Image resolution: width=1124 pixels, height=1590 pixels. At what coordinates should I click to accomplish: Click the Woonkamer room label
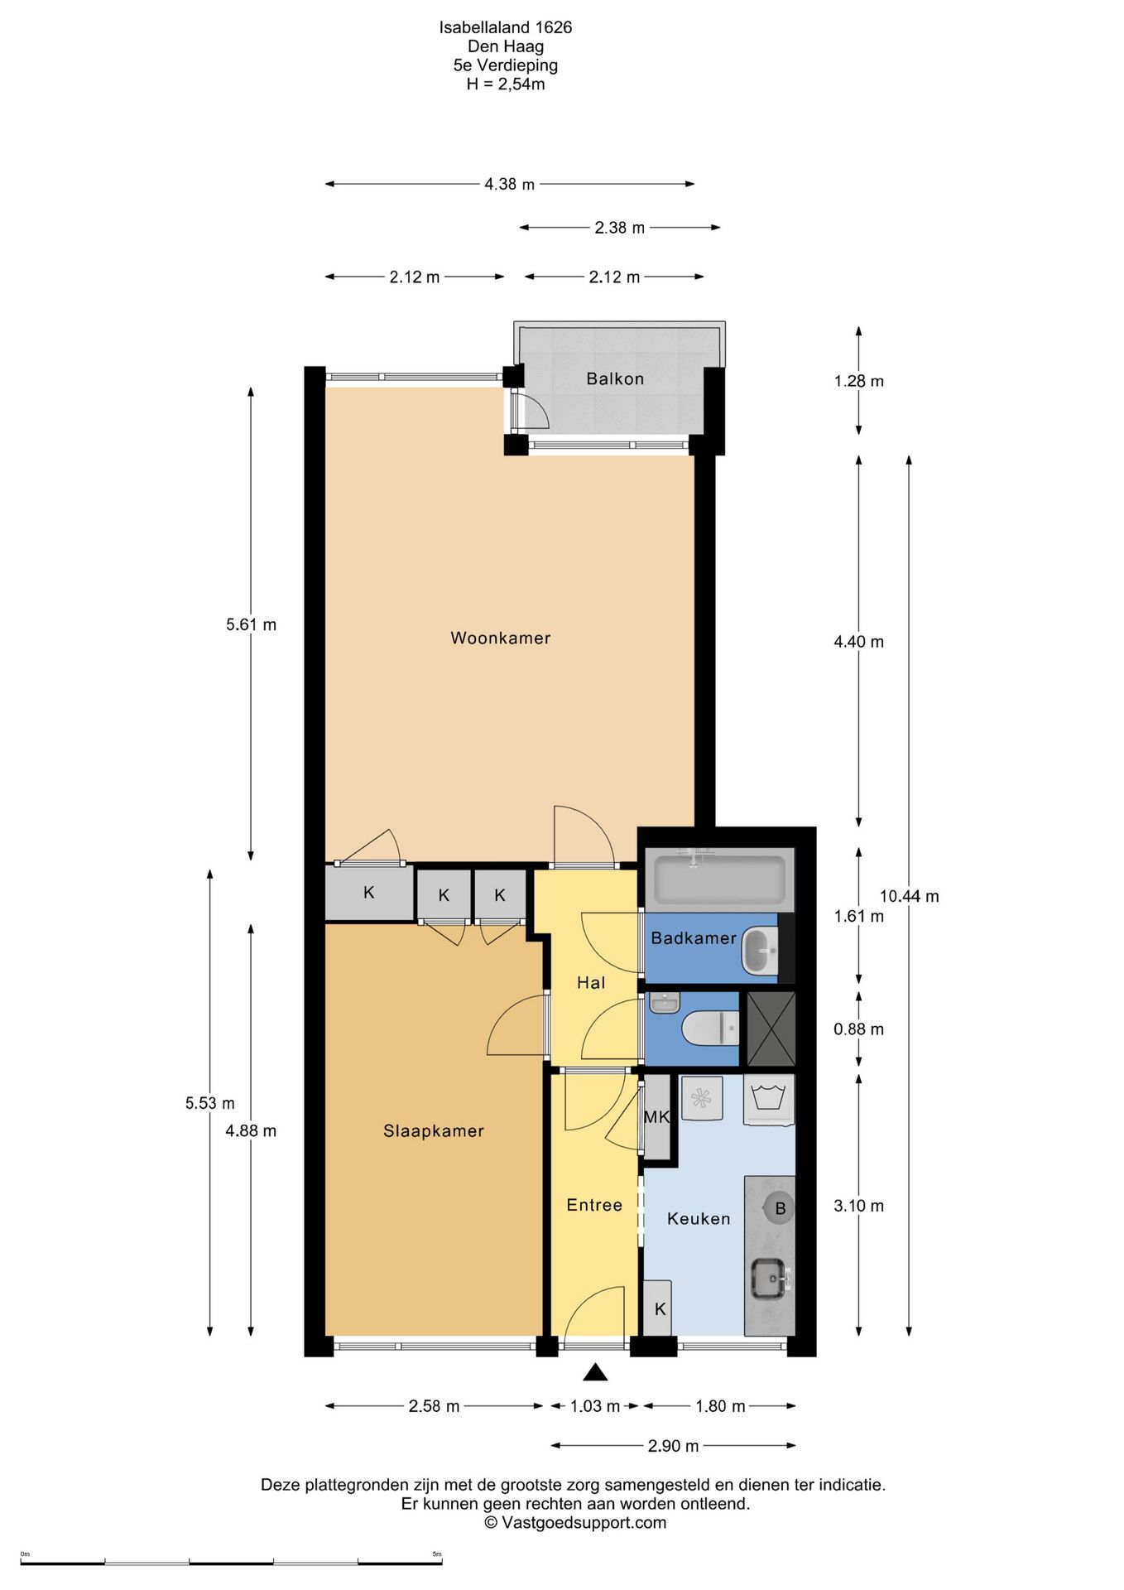coord(500,638)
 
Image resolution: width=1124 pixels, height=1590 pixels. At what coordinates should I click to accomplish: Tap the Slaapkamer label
coord(433,1130)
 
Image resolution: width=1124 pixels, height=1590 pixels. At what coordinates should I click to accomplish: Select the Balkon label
coord(615,378)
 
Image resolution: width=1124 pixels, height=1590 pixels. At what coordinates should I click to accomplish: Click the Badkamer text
coord(694,937)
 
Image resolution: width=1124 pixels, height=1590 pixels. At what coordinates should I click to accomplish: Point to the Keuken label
coord(699,1218)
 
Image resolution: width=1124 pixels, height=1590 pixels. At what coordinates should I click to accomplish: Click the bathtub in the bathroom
coord(719,879)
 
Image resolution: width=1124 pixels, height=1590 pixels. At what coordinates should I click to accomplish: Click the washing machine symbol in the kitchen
coord(769,1099)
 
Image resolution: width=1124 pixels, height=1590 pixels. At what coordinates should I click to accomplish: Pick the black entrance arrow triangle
coord(595,1373)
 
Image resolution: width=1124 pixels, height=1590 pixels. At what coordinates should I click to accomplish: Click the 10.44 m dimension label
coord(909,896)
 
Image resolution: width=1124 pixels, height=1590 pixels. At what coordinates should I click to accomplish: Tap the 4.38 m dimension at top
coord(509,184)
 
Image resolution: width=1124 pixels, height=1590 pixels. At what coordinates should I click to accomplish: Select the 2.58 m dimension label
coord(434,1406)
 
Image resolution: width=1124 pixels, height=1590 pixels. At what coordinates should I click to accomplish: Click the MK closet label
coord(656,1117)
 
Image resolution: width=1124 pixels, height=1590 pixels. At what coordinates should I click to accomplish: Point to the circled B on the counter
coord(779,1208)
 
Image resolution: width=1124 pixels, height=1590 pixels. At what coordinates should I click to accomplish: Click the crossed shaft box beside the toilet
coord(771,1029)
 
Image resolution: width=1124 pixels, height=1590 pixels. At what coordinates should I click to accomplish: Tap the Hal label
coord(591,982)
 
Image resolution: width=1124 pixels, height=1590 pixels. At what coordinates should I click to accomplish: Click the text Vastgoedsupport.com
coord(584,1522)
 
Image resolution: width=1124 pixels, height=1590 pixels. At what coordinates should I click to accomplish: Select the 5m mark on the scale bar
coord(437,1554)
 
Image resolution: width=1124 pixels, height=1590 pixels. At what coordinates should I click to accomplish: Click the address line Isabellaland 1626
coord(506,27)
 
